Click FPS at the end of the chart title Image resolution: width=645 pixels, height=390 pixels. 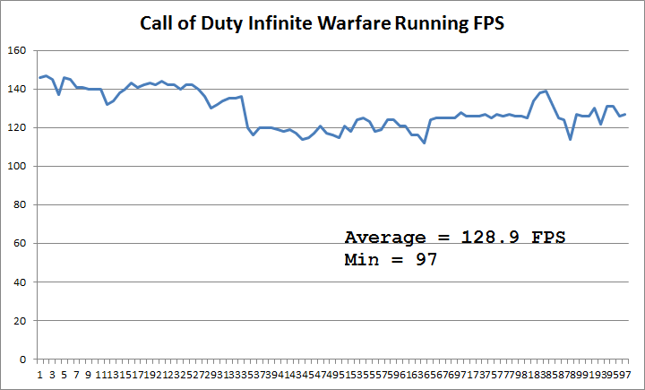[486, 23]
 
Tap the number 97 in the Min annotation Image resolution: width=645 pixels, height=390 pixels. [424, 260]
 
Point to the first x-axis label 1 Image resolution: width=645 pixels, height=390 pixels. [39, 374]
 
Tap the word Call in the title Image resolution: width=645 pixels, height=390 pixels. [159, 23]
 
